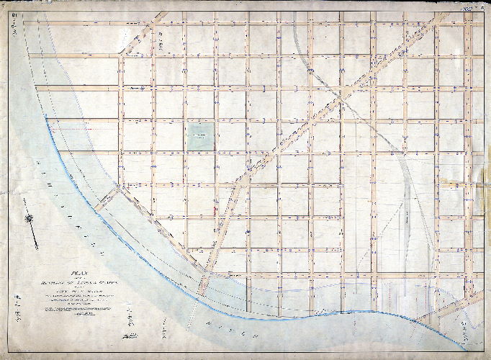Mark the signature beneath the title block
(130, 336)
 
